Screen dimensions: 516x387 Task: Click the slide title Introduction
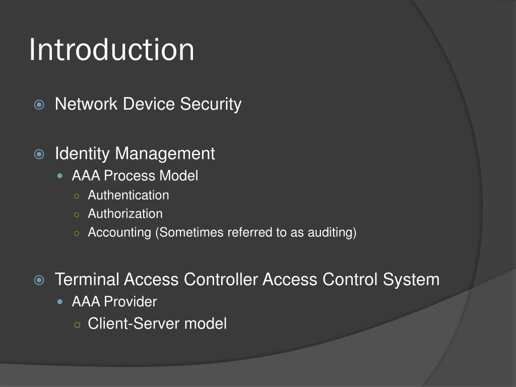111,50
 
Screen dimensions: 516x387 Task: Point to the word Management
165,153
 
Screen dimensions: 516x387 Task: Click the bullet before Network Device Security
39,105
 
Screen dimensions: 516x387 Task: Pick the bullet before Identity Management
39,154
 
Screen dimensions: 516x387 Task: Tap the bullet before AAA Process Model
61,176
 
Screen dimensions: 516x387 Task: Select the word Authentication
128,195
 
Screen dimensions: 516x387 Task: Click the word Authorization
125,214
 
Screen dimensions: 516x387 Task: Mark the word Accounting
119,232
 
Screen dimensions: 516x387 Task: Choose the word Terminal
87,279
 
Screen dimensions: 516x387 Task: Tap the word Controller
220,279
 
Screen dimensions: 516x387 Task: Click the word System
411,279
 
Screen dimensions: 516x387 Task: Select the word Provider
131,302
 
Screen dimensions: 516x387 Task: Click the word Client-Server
134,323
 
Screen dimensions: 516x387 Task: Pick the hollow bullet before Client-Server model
77,325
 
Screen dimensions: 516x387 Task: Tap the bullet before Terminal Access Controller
39,280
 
